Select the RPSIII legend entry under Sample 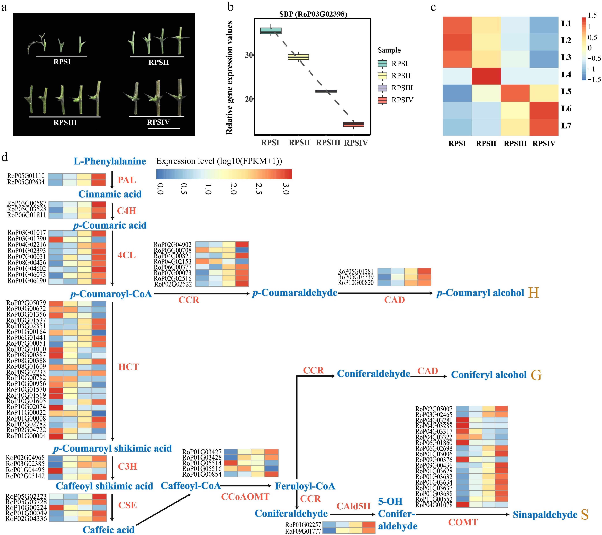[402, 88]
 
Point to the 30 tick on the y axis [249, 55]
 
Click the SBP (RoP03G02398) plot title [313, 14]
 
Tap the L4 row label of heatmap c [566, 74]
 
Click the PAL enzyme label [127, 180]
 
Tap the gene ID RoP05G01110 [26, 176]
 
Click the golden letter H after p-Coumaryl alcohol [533, 293]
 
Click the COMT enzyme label [463, 522]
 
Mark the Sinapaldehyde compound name [545, 514]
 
